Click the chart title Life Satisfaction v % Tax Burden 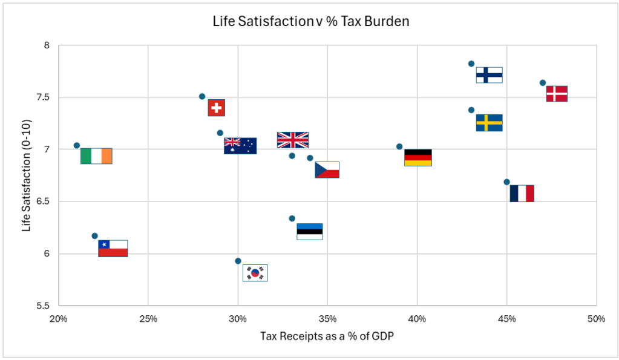311,22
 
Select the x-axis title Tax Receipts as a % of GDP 327,336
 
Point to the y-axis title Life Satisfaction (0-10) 26,175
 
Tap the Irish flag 96,156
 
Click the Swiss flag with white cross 217,108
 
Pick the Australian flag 240,146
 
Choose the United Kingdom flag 293,140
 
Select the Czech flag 327,170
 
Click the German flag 418,157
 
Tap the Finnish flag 489,75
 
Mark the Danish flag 557,94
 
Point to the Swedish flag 489,123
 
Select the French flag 522,194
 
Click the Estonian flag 309,232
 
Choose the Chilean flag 113,249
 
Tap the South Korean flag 255,273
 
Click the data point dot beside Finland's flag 471,64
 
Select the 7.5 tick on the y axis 45,97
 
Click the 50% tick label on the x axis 596,319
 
